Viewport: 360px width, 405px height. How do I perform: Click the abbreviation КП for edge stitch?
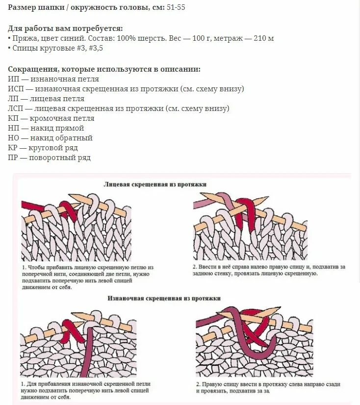(x=13, y=118)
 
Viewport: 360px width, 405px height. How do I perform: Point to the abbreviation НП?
(x=14, y=128)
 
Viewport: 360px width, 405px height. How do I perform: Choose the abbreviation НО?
(x=14, y=138)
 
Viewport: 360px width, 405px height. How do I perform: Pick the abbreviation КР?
(x=13, y=148)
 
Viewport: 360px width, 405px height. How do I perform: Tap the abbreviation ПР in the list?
(x=13, y=158)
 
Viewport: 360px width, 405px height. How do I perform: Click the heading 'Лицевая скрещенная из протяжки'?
(x=155, y=184)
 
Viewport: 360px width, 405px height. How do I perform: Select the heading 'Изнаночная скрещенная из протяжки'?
(x=164, y=298)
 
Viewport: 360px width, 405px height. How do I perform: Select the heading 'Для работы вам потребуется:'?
(x=65, y=28)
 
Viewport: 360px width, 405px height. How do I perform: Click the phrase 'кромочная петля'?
(x=62, y=118)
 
